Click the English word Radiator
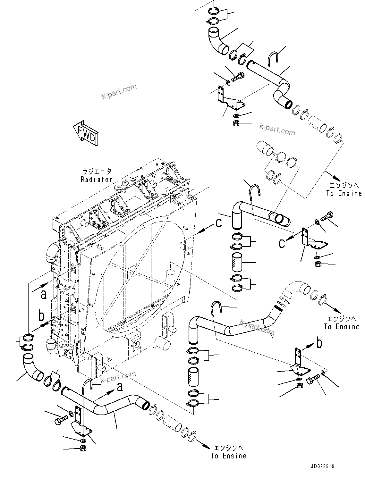coord(96,180)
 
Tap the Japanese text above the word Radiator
coord(96,172)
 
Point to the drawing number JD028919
coord(322,466)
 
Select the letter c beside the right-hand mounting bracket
coord(282,243)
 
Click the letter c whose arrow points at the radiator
coord(219,223)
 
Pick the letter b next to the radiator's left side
coord(41,315)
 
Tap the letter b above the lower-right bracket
coord(319,343)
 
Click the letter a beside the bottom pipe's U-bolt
coord(120,387)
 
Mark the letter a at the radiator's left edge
coord(43,294)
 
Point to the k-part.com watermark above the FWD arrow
coord(119,92)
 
